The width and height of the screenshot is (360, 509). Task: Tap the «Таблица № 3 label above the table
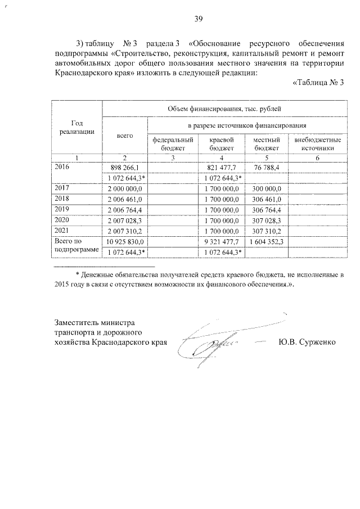tap(318, 83)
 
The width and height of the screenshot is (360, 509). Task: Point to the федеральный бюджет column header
tap(173, 144)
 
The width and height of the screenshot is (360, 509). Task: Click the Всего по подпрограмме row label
tap(76, 245)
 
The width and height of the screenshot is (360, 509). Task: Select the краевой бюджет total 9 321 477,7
tap(223, 241)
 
